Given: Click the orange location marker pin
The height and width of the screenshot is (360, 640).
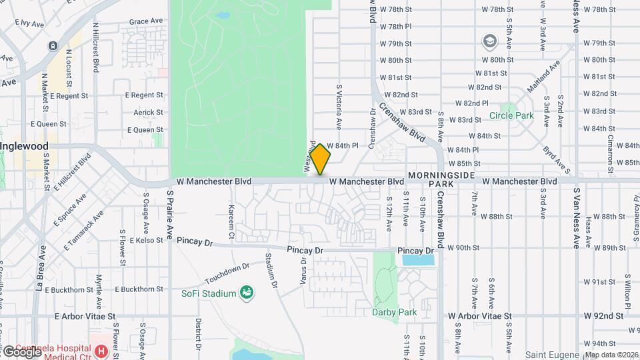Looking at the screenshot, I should point(321,159).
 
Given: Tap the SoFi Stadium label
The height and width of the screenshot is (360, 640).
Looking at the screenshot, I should point(209,293).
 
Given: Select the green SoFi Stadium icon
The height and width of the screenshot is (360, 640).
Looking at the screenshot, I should point(246,292).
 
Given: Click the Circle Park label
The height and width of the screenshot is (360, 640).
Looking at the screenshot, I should point(511,115).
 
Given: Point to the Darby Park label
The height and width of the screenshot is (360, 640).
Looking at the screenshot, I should point(395,312).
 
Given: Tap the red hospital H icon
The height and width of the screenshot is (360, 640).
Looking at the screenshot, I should point(101,351).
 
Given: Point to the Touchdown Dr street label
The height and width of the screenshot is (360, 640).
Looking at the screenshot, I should point(227,272).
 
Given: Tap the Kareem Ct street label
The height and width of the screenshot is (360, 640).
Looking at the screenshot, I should point(231,222).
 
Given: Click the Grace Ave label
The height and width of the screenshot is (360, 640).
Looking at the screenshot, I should point(146,21).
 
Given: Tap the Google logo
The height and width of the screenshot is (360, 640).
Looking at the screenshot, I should point(22,351).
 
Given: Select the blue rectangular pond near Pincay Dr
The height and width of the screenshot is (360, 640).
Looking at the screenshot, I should point(417,259).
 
